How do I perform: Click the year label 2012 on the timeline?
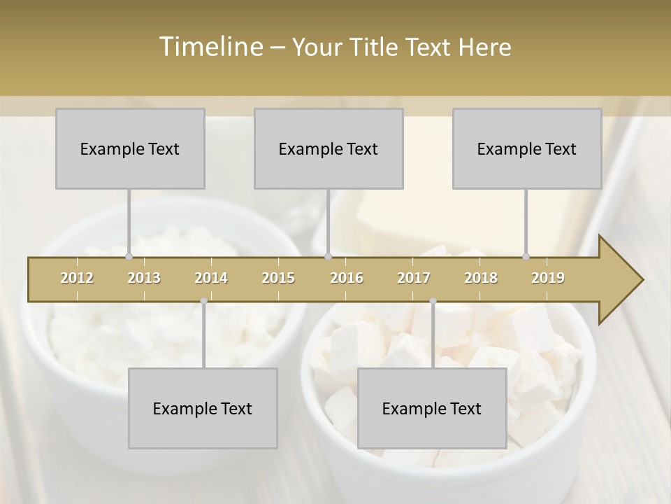tap(77, 278)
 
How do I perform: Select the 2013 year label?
tap(144, 278)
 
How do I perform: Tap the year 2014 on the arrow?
tap(211, 278)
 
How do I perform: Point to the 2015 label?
tap(278, 278)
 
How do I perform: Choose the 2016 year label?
tap(347, 278)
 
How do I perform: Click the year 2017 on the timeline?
tap(414, 278)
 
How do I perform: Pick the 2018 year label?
tap(481, 278)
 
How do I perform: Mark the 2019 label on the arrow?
tap(548, 278)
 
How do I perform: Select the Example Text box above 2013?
tap(130, 148)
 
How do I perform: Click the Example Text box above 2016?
tap(329, 148)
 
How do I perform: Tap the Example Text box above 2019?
tap(527, 148)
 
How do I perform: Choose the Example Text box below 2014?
tap(203, 408)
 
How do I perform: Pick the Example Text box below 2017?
tap(432, 408)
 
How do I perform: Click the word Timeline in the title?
tap(209, 47)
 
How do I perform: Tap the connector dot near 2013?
tap(129, 256)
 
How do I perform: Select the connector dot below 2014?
tap(203, 301)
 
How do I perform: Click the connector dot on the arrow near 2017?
tap(433, 301)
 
